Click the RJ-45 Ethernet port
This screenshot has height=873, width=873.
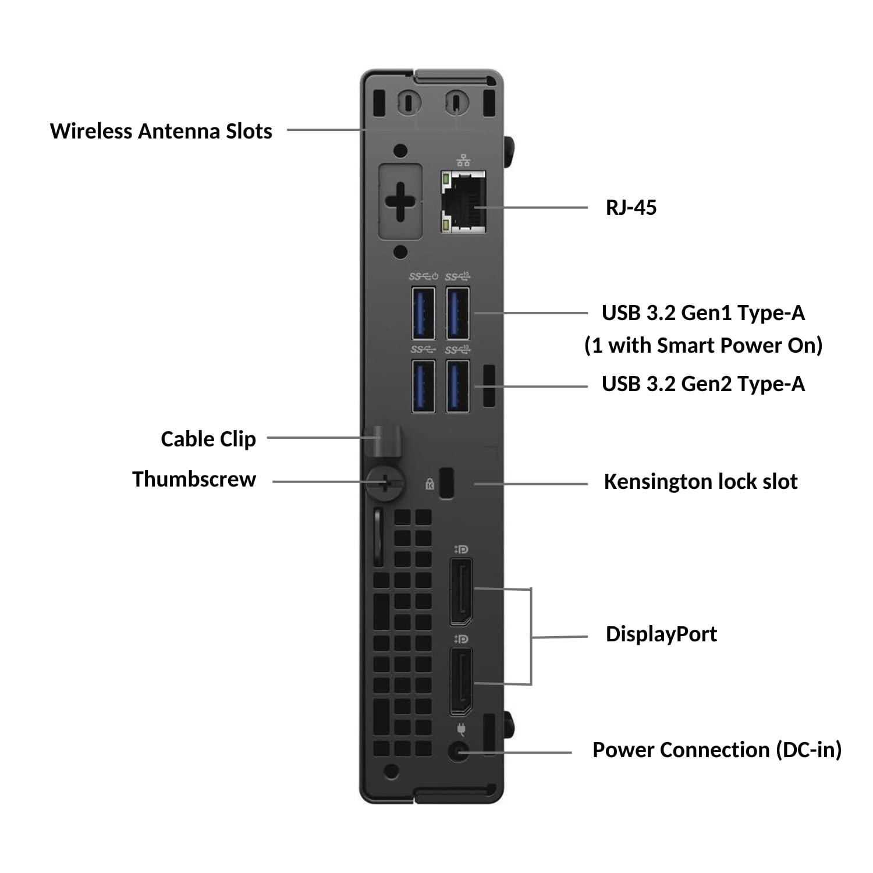pos(463,202)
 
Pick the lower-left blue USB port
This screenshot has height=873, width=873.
pos(423,386)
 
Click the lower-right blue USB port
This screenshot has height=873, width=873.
pos(457,386)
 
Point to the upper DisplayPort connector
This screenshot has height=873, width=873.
pos(461,591)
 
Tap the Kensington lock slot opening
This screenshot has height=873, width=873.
pos(446,482)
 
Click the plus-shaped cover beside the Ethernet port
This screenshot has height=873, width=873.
pos(400,201)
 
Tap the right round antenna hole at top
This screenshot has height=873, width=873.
pos(456,102)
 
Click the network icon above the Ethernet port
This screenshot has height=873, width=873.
pos(463,160)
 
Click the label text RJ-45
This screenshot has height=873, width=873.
pos(631,208)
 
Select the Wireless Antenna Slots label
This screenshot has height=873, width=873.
pos(161,131)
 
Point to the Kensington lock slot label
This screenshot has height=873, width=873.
pos(700,482)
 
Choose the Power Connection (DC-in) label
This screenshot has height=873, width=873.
pos(716,750)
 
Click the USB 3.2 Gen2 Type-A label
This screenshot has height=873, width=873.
pos(703,384)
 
